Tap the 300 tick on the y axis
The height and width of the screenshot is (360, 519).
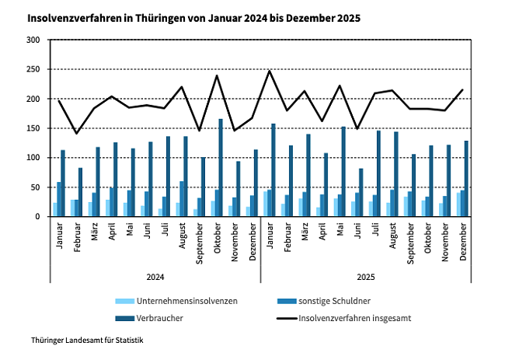pos(33,40)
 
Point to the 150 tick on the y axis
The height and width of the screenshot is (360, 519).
pos(33,128)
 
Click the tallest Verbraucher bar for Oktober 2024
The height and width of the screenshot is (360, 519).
pos(221,168)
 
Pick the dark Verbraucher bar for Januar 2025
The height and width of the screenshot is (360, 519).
pos(273,170)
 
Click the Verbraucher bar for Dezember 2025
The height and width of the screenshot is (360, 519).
pos(466,179)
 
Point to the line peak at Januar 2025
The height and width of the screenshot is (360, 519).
pos(270,71)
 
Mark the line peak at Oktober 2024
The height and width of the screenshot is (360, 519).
pos(217,75)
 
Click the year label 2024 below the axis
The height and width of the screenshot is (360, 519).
pos(155,277)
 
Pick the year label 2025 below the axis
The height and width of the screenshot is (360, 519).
pos(366,277)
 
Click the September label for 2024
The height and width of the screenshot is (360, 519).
pos(200,242)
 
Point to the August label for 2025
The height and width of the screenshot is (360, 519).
pos(394,238)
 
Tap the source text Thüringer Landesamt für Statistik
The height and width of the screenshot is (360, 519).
pos(87,341)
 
